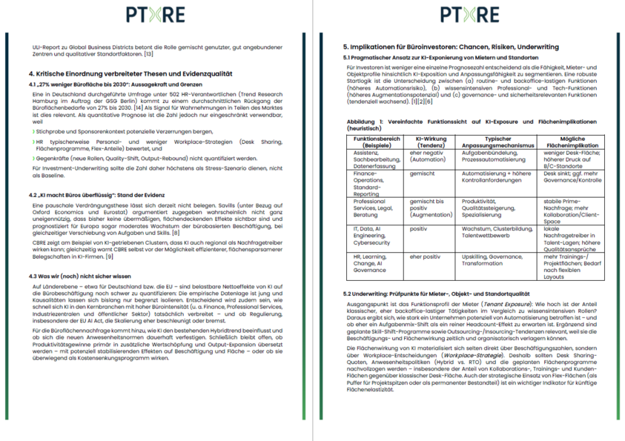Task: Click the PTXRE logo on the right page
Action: click(469, 15)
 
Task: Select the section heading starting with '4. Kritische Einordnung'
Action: click(130, 74)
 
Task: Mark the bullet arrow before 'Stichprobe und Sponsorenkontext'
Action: click(33, 130)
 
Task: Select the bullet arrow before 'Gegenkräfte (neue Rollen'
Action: click(33, 158)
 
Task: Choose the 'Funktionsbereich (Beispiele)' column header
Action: click(377, 142)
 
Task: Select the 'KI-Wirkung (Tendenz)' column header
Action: click(429, 142)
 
